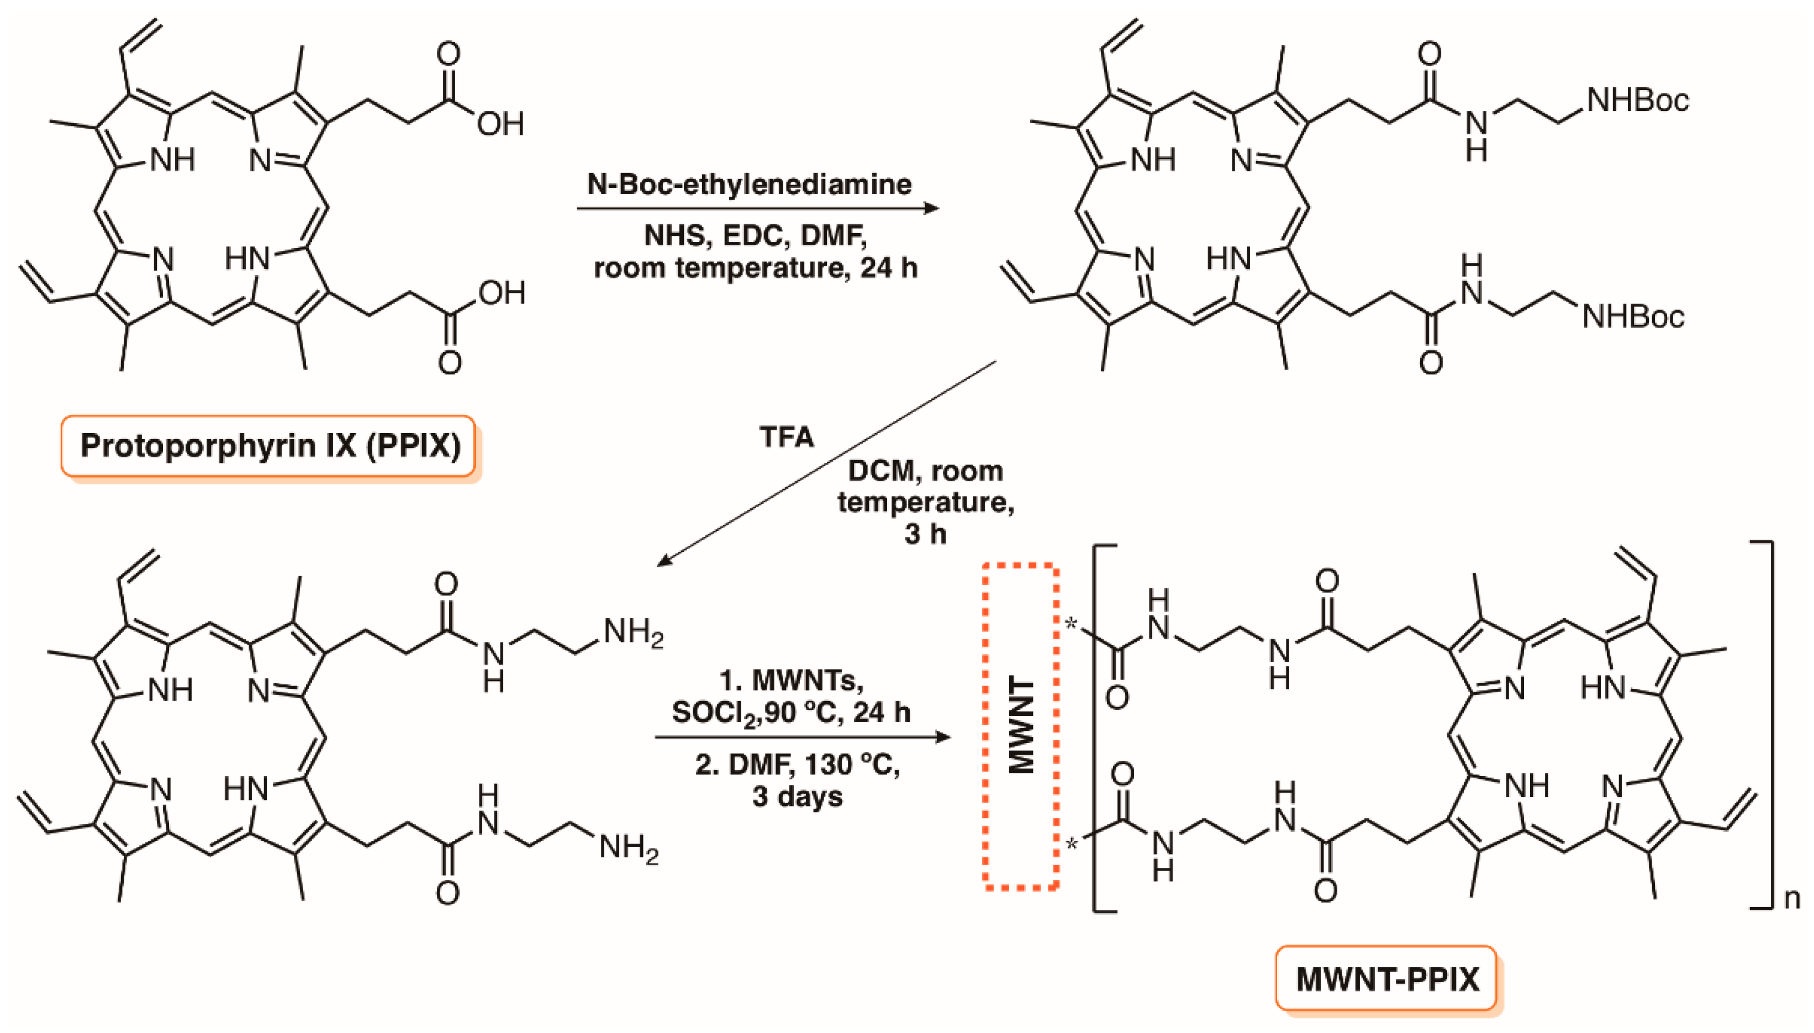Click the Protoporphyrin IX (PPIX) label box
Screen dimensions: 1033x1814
[x=269, y=446]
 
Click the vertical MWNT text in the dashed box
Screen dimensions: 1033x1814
[x=1021, y=726]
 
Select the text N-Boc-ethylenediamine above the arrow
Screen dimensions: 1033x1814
[x=749, y=185]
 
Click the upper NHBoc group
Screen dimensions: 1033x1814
[x=1637, y=101]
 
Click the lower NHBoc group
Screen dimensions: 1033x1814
[x=1633, y=317]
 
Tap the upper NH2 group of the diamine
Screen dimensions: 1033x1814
[x=633, y=631]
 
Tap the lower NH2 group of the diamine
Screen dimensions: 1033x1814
[x=629, y=848]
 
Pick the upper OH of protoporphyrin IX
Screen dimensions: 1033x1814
[x=500, y=124]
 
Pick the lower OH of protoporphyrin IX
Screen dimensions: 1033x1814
[x=502, y=293]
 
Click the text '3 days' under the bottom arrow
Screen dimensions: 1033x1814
[x=798, y=796]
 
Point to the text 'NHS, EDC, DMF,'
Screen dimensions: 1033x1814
[x=755, y=235]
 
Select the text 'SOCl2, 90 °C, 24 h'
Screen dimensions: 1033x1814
[x=790, y=712]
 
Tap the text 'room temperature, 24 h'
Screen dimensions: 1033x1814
[x=755, y=268]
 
